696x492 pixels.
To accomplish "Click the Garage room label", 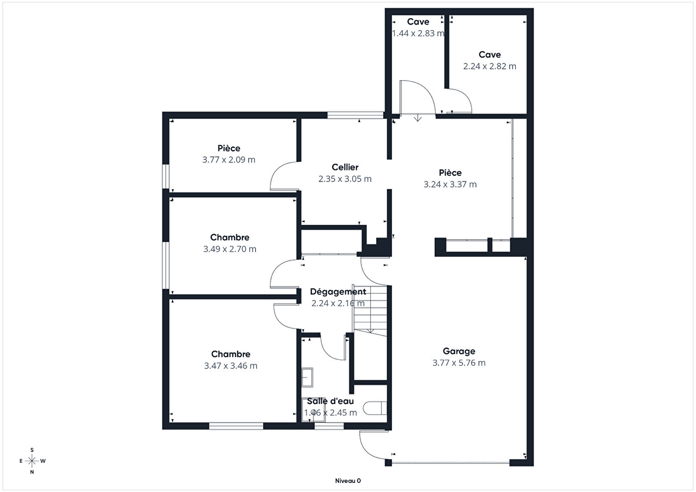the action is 459,351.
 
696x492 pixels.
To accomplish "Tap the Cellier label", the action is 345,167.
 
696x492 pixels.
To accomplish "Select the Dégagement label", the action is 338,292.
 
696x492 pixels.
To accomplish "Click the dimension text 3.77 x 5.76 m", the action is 459,363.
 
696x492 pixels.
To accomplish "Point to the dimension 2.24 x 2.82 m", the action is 490,66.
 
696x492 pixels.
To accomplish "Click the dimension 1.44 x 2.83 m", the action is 418,33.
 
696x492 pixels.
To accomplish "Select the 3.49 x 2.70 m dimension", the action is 229,249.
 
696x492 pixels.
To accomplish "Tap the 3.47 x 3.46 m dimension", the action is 230,366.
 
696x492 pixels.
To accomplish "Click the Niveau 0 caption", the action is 348,481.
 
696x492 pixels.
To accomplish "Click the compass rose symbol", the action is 32,461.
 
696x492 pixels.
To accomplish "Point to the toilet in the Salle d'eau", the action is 375,408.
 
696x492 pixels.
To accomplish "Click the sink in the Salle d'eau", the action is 307,378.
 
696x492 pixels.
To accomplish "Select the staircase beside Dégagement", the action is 370,310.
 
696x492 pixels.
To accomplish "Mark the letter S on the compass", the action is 32,450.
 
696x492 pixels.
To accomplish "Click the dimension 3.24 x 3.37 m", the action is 450,184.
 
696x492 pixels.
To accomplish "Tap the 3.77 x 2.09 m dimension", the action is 229,160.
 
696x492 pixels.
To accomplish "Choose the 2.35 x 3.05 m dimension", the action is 345,179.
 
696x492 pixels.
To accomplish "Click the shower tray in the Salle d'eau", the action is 314,410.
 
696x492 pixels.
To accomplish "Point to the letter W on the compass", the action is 43,461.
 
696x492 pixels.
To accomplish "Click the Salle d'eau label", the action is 330,401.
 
